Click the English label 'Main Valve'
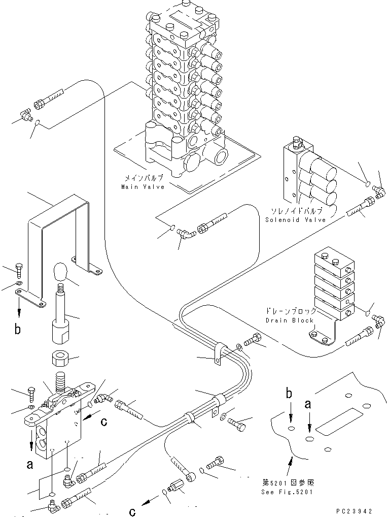click(x=143, y=187)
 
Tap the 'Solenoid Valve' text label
click(x=295, y=219)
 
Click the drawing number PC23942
click(x=355, y=511)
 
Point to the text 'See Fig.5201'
click(x=287, y=492)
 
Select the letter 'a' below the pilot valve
click(x=30, y=465)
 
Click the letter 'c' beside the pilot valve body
click(x=104, y=422)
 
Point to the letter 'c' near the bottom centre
click(x=132, y=511)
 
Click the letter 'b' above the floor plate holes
click(x=289, y=394)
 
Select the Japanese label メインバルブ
click(x=143, y=179)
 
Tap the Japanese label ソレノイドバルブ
click(x=296, y=211)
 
